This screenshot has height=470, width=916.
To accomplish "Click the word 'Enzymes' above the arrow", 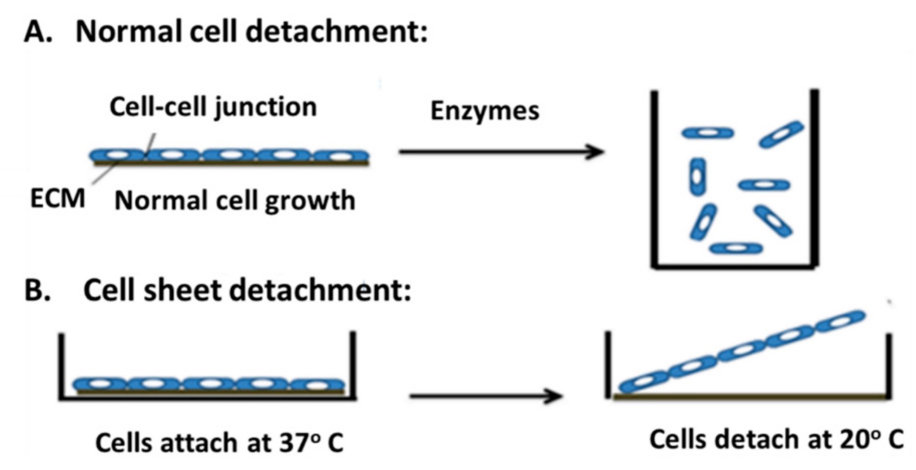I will click(x=485, y=111).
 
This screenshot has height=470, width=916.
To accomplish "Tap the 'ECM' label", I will click(x=58, y=199).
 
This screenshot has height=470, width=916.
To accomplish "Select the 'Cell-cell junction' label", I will click(x=213, y=108).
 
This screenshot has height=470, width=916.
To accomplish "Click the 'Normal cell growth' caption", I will click(x=235, y=201).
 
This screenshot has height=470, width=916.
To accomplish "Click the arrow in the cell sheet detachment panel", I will click(x=486, y=396).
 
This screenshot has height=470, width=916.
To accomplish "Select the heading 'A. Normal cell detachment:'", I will click(x=226, y=32).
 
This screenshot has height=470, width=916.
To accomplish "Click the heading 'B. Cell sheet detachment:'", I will click(x=218, y=290).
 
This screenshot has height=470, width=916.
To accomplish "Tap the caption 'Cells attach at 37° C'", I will click(x=219, y=443).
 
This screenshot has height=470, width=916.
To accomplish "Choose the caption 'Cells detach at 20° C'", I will click(x=776, y=440).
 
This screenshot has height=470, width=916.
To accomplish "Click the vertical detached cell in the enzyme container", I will click(x=697, y=176).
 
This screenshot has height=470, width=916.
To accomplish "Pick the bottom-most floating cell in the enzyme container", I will click(x=736, y=248).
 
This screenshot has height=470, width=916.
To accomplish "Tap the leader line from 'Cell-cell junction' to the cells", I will click(x=150, y=143).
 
